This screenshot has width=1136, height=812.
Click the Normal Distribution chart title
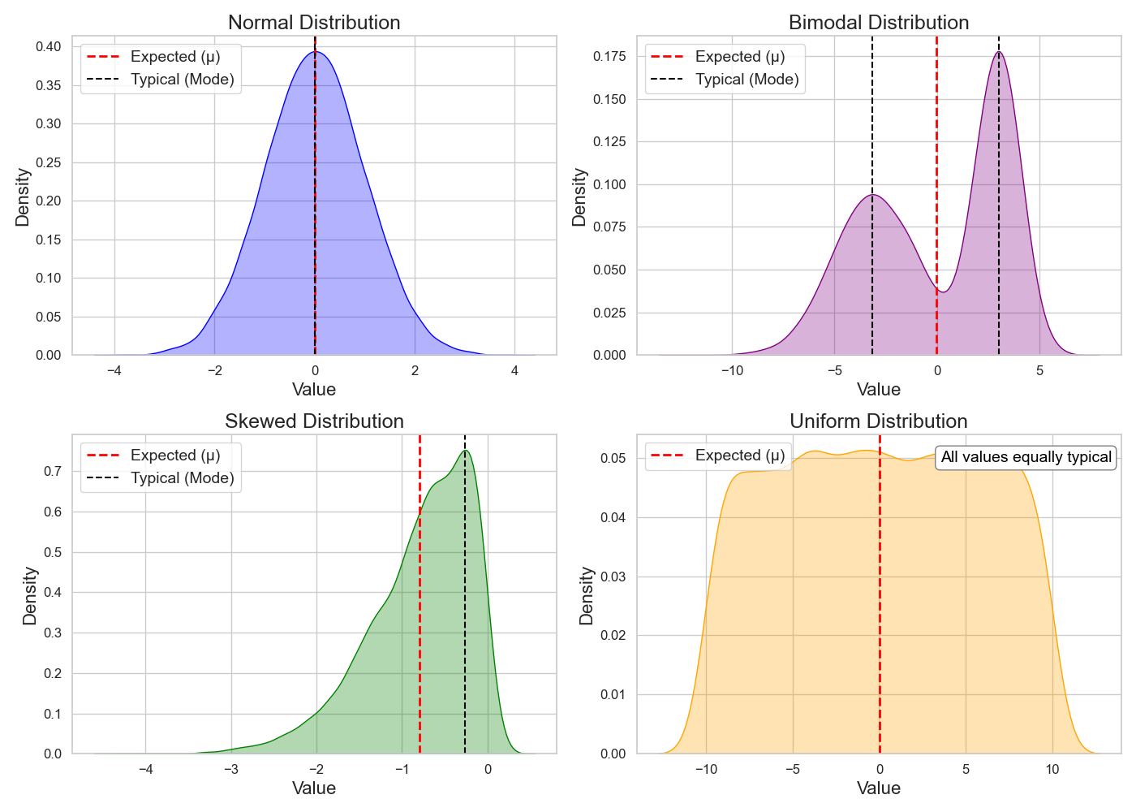point(314,23)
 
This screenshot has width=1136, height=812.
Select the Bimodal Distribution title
point(879,23)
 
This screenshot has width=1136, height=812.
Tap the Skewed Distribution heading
point(314,421)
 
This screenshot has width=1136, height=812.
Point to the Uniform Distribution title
point(879,421)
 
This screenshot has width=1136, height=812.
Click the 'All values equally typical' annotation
point(1026,457)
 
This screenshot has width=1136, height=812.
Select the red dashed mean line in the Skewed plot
point(420,609)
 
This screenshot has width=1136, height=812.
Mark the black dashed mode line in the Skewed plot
point(465,609)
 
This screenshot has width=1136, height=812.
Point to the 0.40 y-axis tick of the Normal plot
point(48,47)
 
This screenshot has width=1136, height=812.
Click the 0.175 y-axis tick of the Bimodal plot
point(609,57)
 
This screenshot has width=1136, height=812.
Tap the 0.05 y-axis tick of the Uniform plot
point(613,459)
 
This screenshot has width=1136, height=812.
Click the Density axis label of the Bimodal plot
point(579,197)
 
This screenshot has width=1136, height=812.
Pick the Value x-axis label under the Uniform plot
point(879,788)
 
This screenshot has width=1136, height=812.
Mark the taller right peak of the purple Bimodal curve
point(999,53)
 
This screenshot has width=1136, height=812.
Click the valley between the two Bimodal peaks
point(942,292)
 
